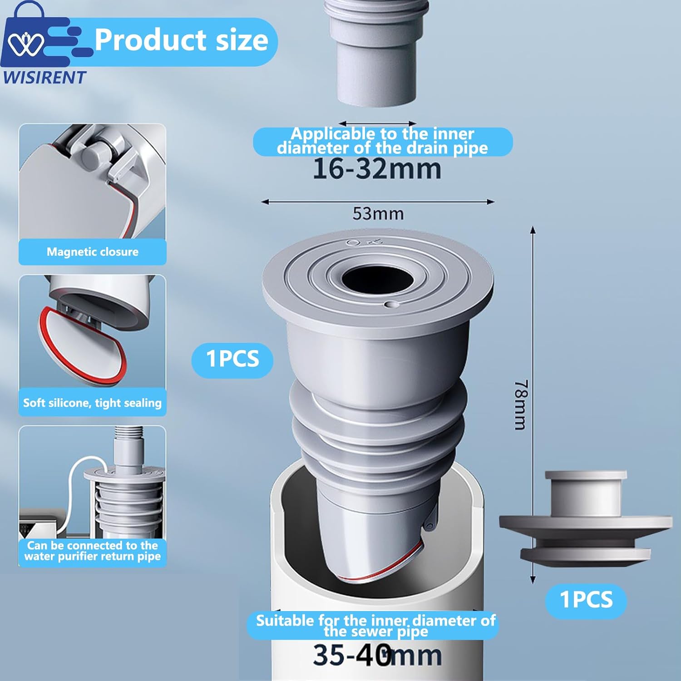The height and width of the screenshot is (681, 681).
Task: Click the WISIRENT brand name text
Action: (x=44, y=78)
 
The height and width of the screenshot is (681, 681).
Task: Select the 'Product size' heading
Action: (x=181, y=40)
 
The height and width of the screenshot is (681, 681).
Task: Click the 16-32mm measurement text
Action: (x=377, y=169)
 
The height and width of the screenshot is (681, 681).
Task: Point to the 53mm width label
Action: (x=378, y=214)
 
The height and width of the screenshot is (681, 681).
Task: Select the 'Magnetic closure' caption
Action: (x=93, y=252)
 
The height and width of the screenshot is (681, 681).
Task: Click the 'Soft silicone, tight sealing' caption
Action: (x=93, y=403)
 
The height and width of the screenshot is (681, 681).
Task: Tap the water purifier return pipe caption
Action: (x=93, y=551)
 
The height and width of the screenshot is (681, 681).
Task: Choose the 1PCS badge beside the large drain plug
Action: (x=232, y=359)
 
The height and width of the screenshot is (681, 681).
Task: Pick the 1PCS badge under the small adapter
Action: (x=586, y=600)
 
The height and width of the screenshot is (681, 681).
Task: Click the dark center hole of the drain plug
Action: (x=377, y=278)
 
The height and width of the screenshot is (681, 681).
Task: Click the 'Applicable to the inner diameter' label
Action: (x=382, y=141)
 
